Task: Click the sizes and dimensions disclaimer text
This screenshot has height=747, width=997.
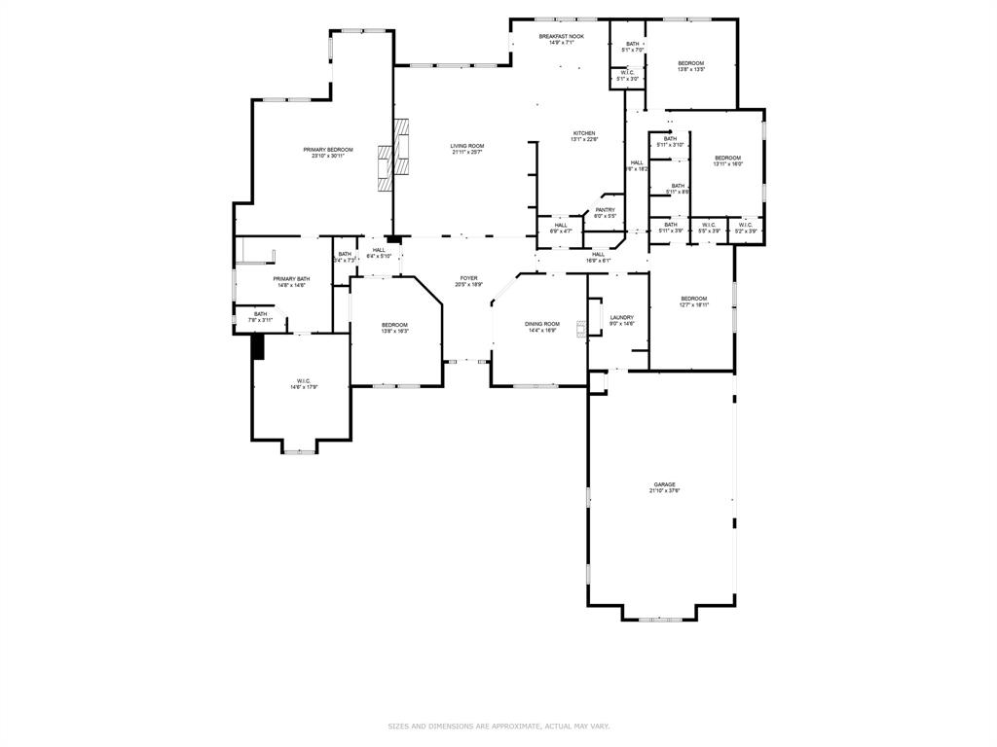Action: tap(498, 726)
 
